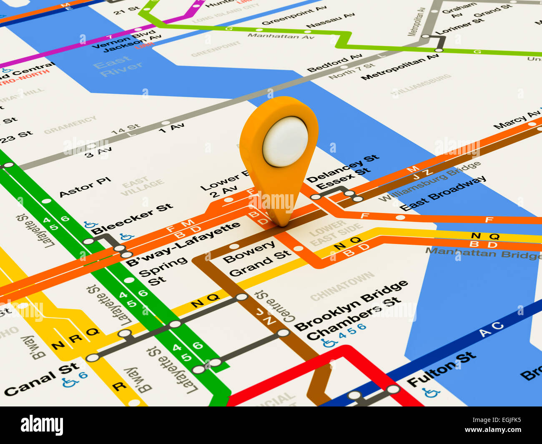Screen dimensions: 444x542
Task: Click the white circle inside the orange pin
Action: tap(285, 141)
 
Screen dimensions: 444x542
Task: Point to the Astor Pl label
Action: tap(85, 187)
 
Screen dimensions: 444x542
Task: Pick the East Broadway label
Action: tap(443, 193)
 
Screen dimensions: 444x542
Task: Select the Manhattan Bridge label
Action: tap(484, 253)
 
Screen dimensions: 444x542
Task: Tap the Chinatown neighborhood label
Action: tap(342, 286)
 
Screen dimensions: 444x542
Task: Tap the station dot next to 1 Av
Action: tap(166, 123)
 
